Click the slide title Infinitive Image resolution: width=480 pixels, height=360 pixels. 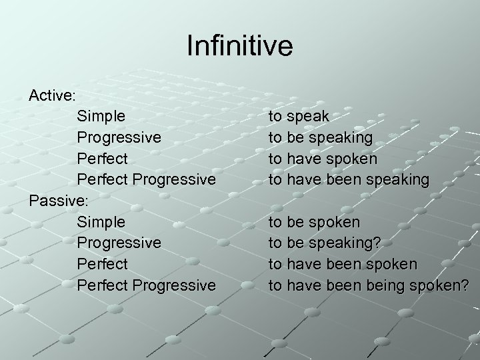click(x=239, y=47)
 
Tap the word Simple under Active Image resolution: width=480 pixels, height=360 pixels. click(x=101, y=116)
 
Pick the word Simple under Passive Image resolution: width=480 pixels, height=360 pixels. click(x=101, y=221)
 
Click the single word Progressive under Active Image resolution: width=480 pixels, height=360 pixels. click(x=119, y=137)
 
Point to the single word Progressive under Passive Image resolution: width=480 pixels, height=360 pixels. click(x=119, y=243)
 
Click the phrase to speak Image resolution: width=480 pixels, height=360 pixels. click(x=298, y=116)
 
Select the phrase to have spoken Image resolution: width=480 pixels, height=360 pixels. click(x=322, y=159)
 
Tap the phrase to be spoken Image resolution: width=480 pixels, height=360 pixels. click(x=313, y=221)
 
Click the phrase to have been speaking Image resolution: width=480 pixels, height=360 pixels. click(x=348, y=179)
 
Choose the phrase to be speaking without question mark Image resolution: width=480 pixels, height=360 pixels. click(x=320, y=137)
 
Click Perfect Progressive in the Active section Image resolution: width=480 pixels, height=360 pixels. click(x=146, y=179)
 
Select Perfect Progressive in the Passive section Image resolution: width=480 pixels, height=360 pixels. click(x=146, y=285)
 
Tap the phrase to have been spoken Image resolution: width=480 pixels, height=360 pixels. click(x=343, y=264)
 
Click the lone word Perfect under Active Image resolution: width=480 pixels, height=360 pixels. click(x=102, y=159)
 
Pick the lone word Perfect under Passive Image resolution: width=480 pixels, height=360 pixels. click(x=102, y=264)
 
